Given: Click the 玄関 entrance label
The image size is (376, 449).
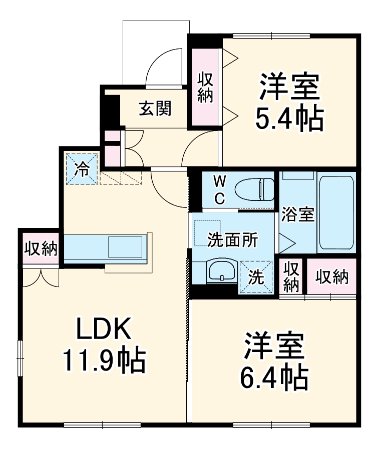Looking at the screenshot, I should tap(155, 107).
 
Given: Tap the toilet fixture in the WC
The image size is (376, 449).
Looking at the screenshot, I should tap(256, 189).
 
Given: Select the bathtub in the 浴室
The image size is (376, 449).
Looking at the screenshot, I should tap(336, 212).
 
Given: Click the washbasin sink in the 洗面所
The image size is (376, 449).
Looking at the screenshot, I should tap(220, 272).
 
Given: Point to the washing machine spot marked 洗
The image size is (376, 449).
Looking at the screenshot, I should tap(256, 278).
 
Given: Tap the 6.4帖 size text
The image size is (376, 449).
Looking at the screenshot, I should tap(274, 378).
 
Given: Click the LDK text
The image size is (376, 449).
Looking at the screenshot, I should tap(104, 329).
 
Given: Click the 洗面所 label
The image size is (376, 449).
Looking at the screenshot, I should tap(233, 240).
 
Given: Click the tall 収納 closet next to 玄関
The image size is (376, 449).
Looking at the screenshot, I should tap(205, 87).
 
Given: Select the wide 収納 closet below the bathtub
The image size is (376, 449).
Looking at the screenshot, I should tap(331, 277).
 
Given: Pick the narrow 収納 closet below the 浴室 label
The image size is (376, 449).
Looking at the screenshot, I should tap(291, 276).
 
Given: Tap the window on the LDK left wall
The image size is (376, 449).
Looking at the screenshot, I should tap(20, 357).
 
